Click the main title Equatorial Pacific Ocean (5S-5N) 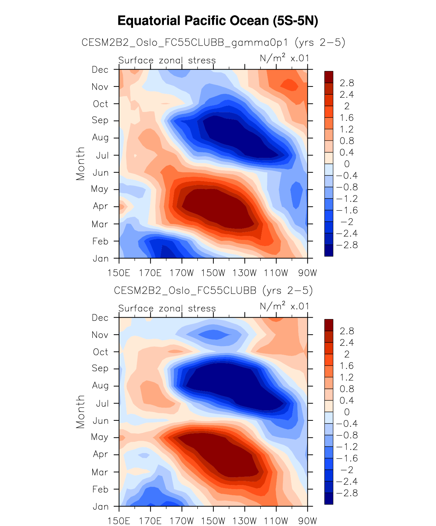218,21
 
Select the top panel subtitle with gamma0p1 213,42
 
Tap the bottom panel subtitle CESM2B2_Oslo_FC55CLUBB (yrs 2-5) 213,290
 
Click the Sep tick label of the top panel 100,120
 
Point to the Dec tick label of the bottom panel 100,318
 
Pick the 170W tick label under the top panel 182,273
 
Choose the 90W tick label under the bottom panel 307,521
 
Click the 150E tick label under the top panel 119,273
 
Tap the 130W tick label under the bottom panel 245,521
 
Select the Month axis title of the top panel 80,164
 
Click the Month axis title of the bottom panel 80,412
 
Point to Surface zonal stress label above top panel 167,60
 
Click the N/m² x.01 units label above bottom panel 284,306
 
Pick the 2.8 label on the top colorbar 346,83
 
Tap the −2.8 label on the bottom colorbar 346,493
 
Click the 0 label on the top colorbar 346,164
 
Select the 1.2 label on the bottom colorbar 346,377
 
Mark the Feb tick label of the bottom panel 100,489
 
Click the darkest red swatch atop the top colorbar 328,77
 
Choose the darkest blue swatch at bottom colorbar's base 328,499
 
